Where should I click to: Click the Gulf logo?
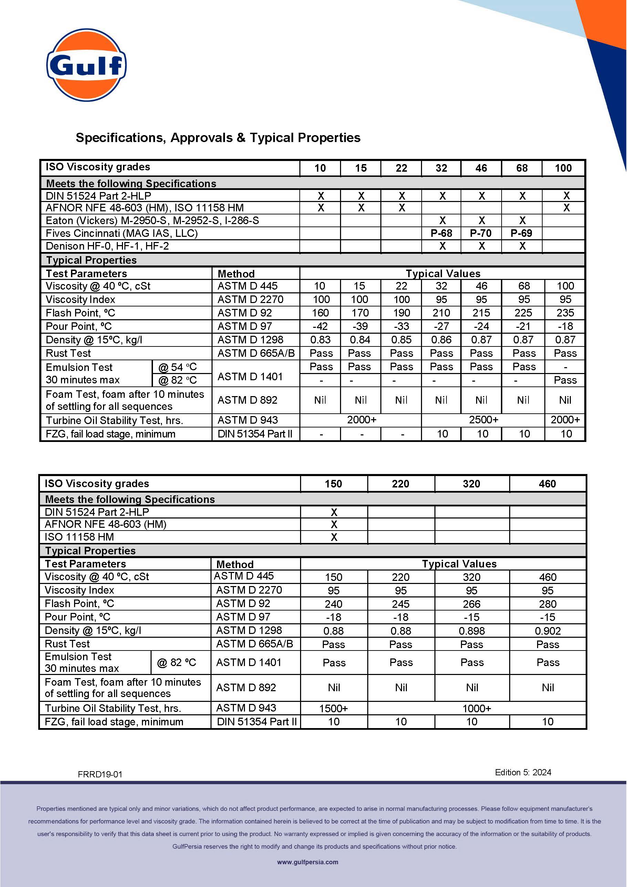point(86,65)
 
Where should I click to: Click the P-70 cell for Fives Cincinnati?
point(481,233)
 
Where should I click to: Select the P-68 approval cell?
point(441,233)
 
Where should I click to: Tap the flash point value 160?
point(320,313)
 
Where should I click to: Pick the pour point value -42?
point(320,326)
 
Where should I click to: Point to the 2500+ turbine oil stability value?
point(483,420)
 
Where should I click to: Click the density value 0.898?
point(471,631)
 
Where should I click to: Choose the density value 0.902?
point(547,631)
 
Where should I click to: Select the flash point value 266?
point(471,604)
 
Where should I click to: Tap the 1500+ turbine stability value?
point(333,708)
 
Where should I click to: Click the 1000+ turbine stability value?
point(477,708)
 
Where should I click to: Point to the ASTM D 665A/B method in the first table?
point(256,353)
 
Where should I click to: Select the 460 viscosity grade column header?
point(547,484)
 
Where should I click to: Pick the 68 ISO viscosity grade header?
point(522,168)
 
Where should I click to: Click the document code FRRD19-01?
point(100,774)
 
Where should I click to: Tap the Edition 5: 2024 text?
point(523,772)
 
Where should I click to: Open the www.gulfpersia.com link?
point(308,862)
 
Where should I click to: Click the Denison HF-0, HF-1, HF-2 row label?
point(107,246)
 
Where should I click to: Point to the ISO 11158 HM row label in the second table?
point(80,537)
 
